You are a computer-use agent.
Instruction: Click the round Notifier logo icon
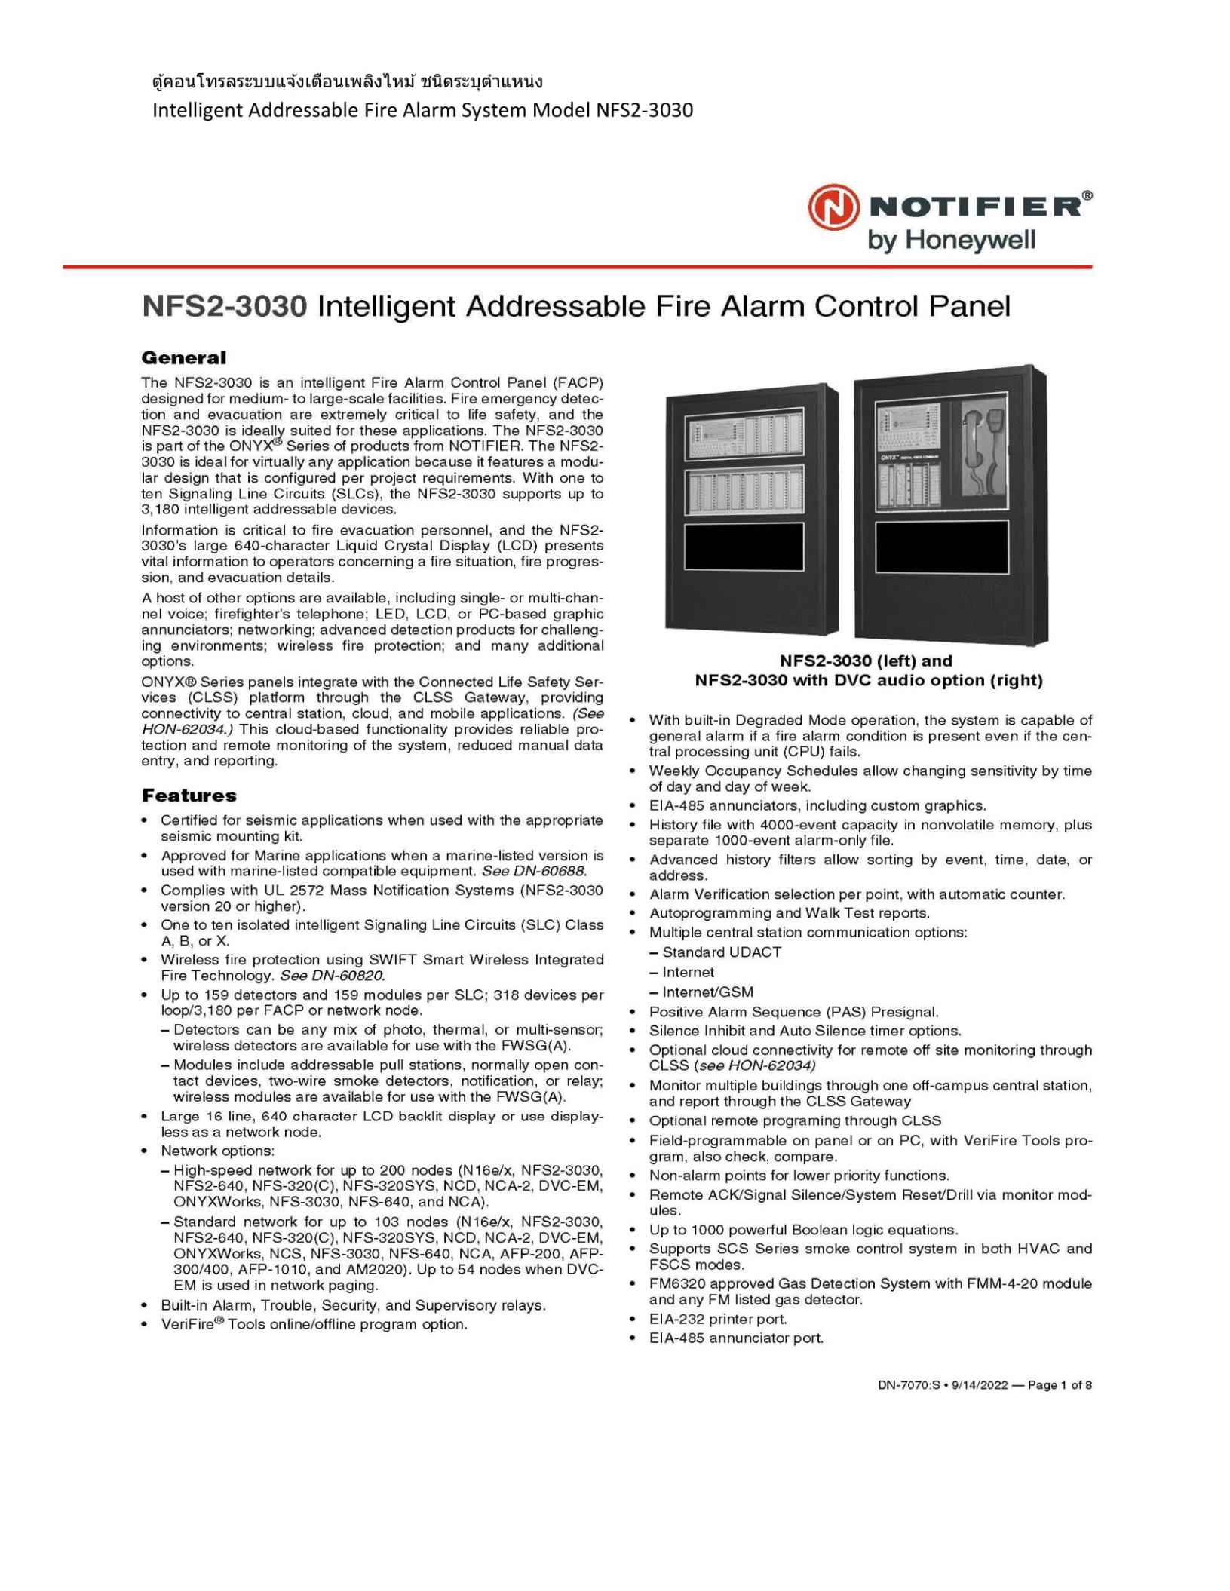point(833,210)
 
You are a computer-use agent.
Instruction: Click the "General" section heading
point(183,358)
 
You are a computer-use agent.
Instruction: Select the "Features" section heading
point(189,795)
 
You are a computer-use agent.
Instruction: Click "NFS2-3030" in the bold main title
point(225,307)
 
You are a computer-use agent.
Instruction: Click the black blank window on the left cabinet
point(744,547)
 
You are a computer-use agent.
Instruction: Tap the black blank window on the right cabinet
point(941,547)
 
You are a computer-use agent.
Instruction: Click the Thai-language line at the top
point(347,81)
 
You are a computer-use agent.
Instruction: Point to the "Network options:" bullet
point(218,1151)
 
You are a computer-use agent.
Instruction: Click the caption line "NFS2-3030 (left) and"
point(866,661)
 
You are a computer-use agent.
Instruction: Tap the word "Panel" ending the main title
point(969,307)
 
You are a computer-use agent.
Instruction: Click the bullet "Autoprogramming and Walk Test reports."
point(790,913)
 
